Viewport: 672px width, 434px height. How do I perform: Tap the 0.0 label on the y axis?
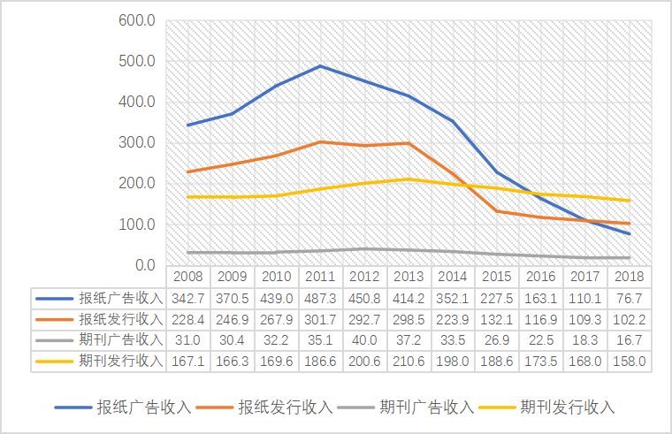[x=144, y=265]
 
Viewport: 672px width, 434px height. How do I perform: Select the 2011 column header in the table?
[x=321, y=278]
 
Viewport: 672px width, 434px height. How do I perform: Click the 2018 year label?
[x=630, y=278]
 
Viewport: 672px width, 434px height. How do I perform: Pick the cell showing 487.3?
[x=321, y=298]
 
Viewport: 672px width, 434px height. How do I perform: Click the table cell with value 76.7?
[x=630, y=298]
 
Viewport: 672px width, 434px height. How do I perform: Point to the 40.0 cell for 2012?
[x=365, y=339]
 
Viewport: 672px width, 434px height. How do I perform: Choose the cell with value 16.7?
[x=630, y=339]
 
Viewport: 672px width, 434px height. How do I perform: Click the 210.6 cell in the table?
[x=409, y=360]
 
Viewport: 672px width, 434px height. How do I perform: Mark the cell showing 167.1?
[x=188, y=360]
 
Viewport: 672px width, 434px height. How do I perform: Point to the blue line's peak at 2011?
[x=321, y=66]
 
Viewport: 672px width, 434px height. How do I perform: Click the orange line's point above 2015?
[x=497, y=211]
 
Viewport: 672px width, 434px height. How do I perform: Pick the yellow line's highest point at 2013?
[x=409, y=179]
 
